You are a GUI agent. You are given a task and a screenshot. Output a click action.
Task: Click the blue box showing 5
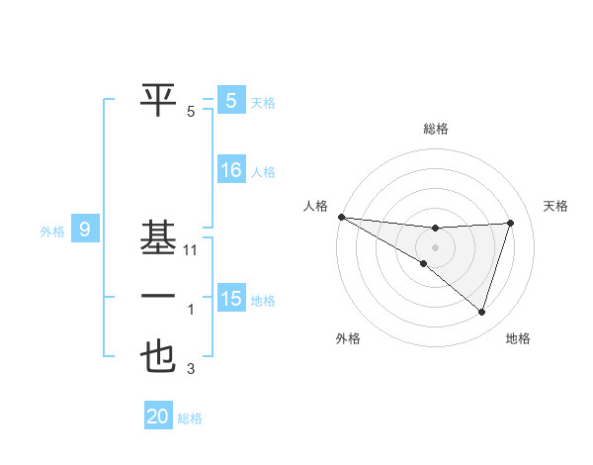point(230,101)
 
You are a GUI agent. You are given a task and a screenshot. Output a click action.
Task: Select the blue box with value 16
point(230,170)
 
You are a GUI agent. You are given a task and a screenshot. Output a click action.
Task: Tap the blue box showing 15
point(230,298)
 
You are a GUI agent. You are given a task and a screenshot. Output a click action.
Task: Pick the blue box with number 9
point(85,231)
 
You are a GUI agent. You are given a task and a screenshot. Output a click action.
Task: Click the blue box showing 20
point(158,417)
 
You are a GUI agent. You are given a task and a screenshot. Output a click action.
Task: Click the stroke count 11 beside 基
point(192,250)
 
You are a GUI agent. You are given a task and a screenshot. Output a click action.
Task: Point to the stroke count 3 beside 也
point(191,370)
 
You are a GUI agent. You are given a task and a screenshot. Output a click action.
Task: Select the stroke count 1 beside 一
point(191,310)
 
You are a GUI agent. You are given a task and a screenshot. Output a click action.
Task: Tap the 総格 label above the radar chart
point(436,129)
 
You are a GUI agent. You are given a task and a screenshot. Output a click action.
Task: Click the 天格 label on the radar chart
point(556,206)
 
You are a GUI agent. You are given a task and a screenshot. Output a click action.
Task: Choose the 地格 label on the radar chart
point(518,339)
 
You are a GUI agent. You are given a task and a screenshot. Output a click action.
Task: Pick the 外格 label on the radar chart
point(348,339)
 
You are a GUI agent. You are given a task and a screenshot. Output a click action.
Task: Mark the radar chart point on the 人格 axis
point(341,217)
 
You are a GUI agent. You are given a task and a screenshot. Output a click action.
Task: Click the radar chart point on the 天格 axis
point(511,223)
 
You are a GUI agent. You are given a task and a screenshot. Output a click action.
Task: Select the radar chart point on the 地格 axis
point(481,313)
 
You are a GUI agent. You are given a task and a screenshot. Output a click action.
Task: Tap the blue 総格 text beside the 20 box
point(191,418)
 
